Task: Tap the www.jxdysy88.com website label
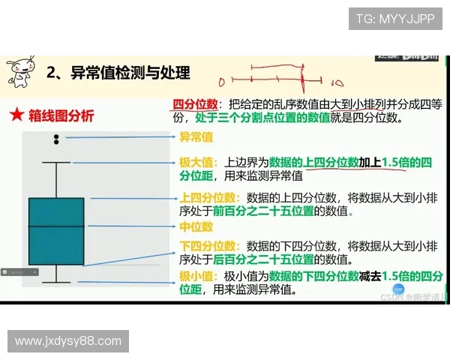(68, 341)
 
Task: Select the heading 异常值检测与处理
(129, 73)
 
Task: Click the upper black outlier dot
(56, 136)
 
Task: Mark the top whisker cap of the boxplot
(56, 162)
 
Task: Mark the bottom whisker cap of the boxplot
(56, 283)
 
